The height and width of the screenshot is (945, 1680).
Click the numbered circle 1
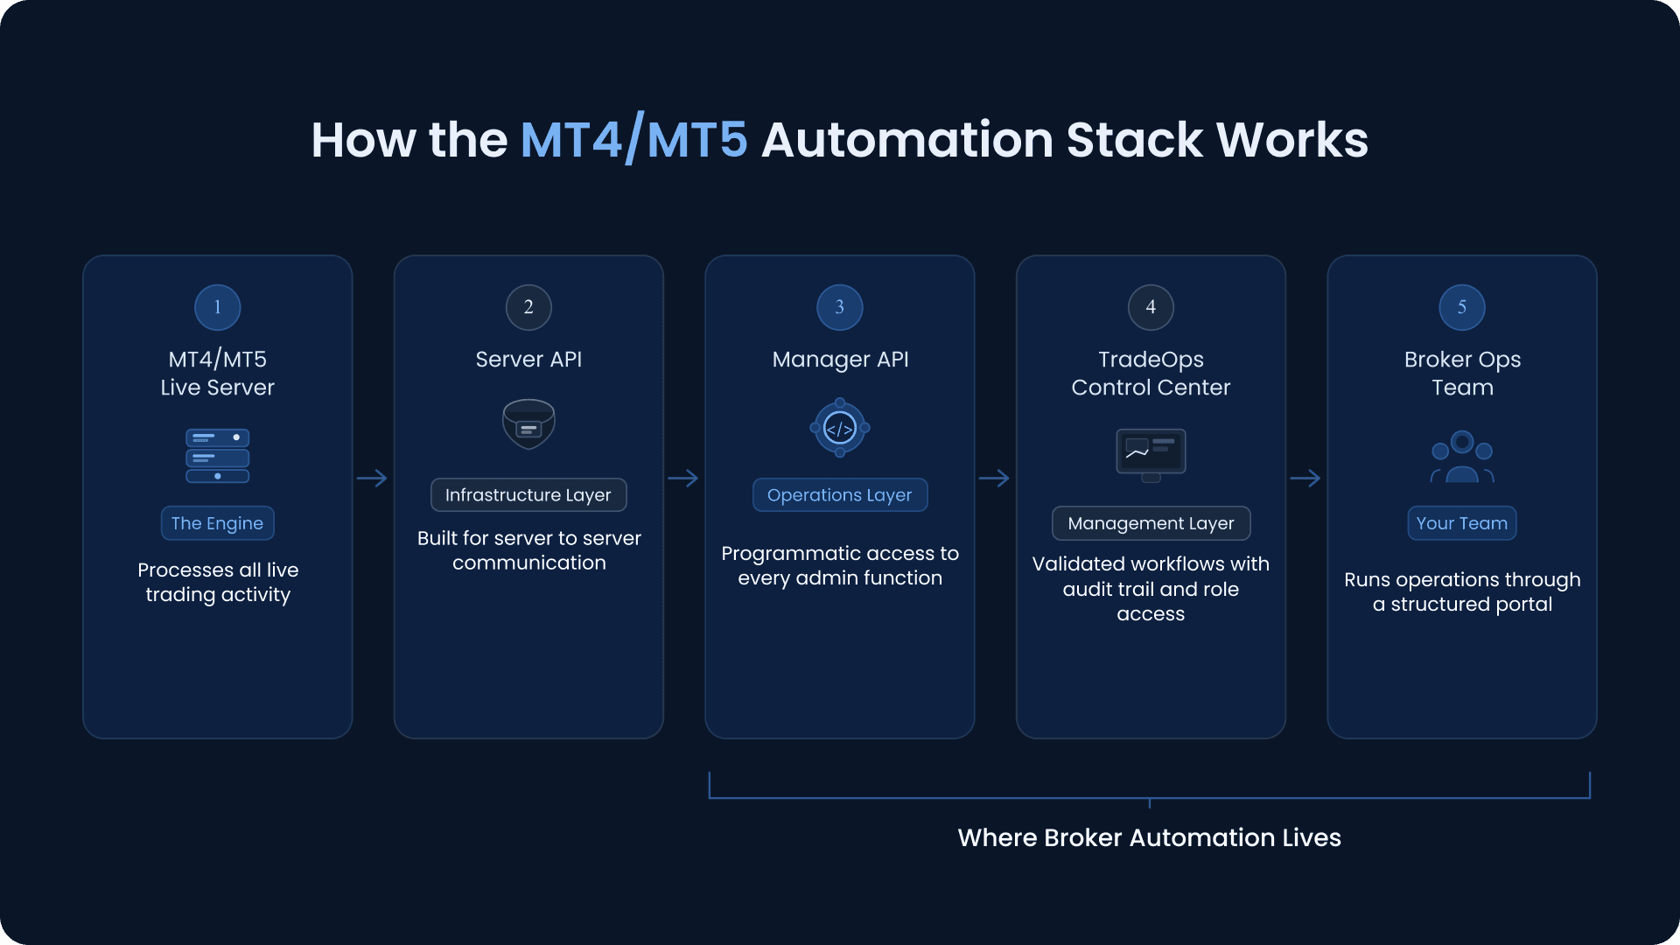pyautogui.click(x=217, y=307)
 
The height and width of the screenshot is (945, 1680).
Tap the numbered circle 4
pyautogui.click(x=1151, y=307)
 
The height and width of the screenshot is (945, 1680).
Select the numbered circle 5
pyautogui.click(x=1462, y=307)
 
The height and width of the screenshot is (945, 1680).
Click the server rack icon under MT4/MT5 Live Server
pyautogui.click(x=217, y=456)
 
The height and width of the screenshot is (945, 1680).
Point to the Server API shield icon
pyautogui.click(x=528, y=424)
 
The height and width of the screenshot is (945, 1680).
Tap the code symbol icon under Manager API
pyautogui.click(x=840, y=428)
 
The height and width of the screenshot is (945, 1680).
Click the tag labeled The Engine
pyautogui.click(x=217, y=523)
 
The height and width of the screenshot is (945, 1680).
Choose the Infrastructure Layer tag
pyautogui.click(x=528, y=495)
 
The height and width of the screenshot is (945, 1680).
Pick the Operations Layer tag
pyautogui.click(x=840, y=495)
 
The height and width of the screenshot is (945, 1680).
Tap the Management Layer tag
pyautogui.click(x=1151, y=523)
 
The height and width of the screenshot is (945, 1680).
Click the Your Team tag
pyautogui.click(x=1462, y=523)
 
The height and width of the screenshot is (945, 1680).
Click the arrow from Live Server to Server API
pyautogui.click(x=373, y=479)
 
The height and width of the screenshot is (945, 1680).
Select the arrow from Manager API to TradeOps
pyautogui.click(x=995, y=479)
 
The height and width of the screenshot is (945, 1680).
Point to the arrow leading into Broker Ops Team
pyautogui.click(x=1305, y=479)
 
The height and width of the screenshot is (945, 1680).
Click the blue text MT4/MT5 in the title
pyautogui.click(x=633, y=140)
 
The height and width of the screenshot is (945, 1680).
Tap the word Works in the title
pyautogui.click(x=1291, y=140)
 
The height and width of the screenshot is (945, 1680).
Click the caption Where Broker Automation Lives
pyautogui.click(x=1149, y=837)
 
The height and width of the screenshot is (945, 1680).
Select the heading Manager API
pyautogui.click(x=840, y=360)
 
